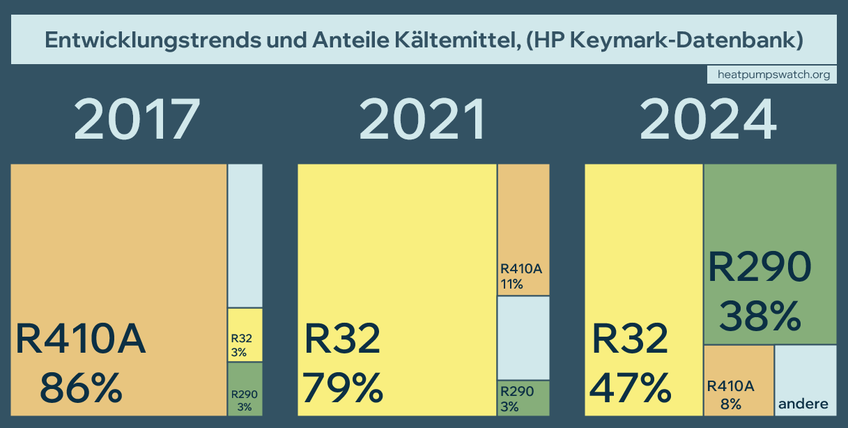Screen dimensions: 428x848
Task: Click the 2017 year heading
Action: pyautogui.click(x=137, y=119)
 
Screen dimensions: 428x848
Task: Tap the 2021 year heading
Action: pyautogui.click(x=422, y=119)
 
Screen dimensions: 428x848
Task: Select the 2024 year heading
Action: pyautogui.click(x=708, y=119)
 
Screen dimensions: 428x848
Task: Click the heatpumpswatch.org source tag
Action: pyautogui.click(x=772, y=75)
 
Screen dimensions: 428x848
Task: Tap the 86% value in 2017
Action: pyautogui.click(x=81, y=388)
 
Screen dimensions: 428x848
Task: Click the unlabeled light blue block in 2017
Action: pyautogui.click(x=245, y=236)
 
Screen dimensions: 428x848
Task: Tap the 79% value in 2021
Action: pyautogui.click(x=344, y=388)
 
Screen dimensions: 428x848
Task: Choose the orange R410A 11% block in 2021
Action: pyautogui.click(x=523, y=230)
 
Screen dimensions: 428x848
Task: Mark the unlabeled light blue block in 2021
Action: pyautogui.click(x=523, y=338)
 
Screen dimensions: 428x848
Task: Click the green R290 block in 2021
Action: pyautogui.click(x=523, y=398)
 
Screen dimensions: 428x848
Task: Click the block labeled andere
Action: pyautogui.click(x=805, y=381)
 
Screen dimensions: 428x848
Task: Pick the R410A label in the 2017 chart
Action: pyautogui.click(x=81, y=339)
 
